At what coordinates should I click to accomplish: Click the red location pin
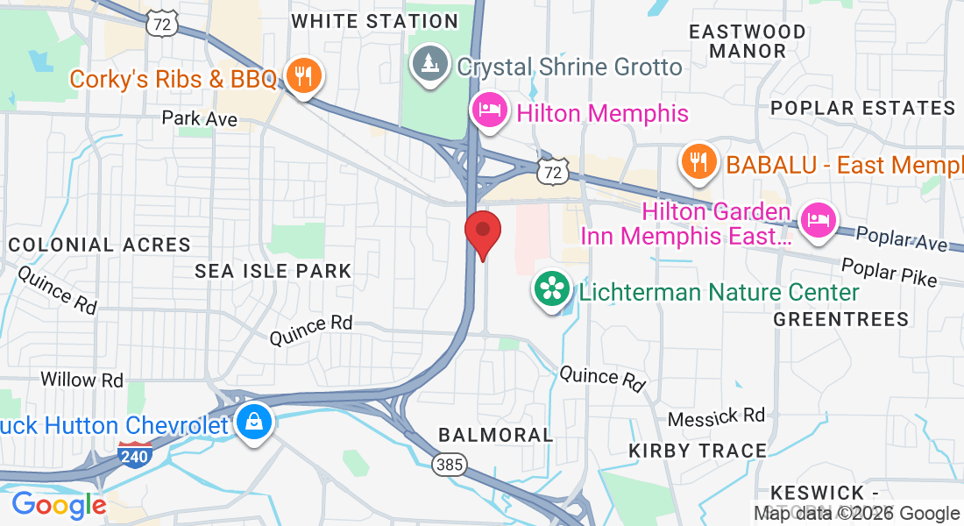pos(482,232)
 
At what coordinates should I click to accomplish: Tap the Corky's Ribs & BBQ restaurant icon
pos(302,77)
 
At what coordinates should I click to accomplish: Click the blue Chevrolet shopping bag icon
pos(253,423)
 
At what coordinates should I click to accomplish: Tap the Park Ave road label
pos(200,118)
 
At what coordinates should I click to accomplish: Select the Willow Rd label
pos(82,380)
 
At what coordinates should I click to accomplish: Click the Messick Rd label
pos(716,416)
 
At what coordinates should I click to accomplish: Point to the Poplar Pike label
pos(889,273)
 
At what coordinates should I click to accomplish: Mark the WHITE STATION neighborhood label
pos(375,21)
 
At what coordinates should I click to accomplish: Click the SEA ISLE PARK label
pos(273,271)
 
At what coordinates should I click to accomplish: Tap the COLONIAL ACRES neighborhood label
pos(99,245)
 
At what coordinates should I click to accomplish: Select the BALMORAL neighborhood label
pos(495,434)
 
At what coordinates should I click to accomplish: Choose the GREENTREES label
pos(841,319)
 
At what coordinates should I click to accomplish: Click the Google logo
pos(59,505)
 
